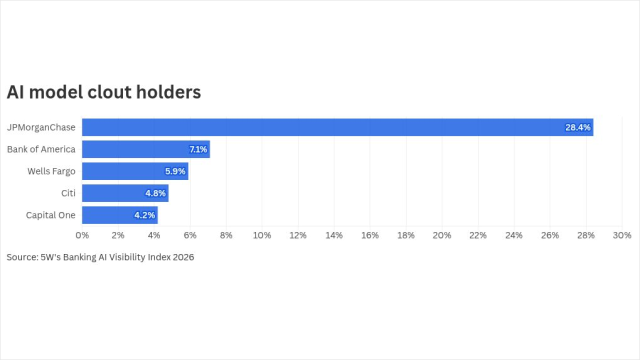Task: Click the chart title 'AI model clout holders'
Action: [103, 92]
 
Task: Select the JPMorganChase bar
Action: [337, 127]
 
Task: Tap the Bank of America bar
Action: [146, 149]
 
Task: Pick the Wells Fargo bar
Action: [135, 171]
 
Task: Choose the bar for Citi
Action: [125, 193]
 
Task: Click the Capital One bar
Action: [119, 215]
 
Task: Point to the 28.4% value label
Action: [577, 127]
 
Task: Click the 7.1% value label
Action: [198, 149]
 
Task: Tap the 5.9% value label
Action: [175, 171]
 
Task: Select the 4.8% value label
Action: [155, 193]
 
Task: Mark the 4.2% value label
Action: [144, 215]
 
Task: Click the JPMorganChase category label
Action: [41, 127]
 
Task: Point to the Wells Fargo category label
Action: [51, 171]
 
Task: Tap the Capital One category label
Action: [50, 215]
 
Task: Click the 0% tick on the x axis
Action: [82, 235]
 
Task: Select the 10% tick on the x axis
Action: [262, 235]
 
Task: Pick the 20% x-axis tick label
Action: [442, 235]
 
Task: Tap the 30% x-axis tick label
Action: [622, 235]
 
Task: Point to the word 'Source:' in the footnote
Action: [22, 257]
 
